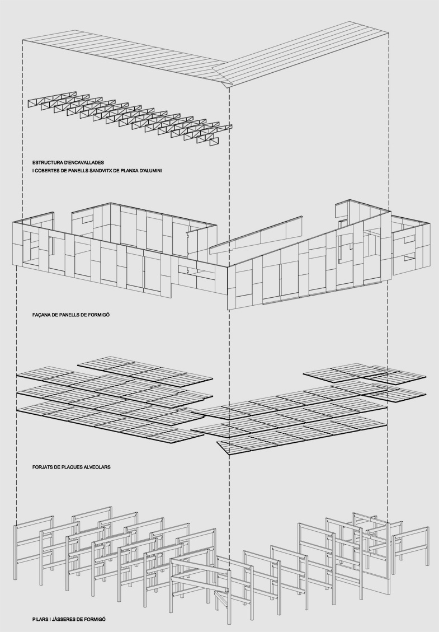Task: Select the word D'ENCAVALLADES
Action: [x=84, y=162]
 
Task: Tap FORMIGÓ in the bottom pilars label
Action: [x=94, y=620]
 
